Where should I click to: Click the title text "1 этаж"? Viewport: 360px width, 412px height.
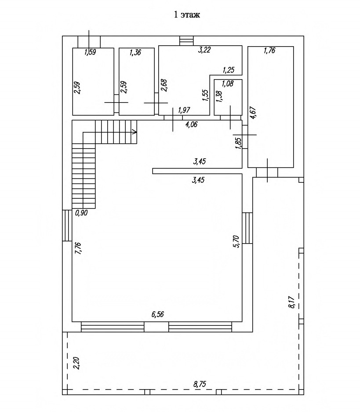tap(187, 15)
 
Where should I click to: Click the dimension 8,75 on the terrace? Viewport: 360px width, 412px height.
tap(200, 384)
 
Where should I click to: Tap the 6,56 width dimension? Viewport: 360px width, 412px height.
tap(157, 314)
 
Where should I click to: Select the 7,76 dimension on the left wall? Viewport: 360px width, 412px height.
tap(78, 248)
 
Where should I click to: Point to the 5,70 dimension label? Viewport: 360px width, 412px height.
tap(236, 241)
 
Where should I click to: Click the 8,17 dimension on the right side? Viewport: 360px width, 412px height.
tap(292, 302)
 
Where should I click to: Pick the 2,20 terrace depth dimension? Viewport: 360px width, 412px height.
tap(76, 363)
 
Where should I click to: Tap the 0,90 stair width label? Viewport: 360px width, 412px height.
tap(81, 213)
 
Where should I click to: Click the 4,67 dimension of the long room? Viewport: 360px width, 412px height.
tap(253, 113)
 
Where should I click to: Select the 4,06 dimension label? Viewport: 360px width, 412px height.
tap(191, 124)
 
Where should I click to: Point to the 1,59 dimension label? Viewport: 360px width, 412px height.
tap(90, 52)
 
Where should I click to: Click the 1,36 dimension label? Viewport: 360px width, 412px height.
tap(135, 52)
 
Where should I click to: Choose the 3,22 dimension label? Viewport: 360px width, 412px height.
tap(204, 50)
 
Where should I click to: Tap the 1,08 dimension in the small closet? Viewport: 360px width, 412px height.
tap(228, 84)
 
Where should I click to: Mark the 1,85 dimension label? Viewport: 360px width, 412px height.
tap(238, 143)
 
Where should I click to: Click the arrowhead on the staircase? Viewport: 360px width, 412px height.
tap(134, 131)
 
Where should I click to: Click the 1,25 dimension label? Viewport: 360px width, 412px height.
tap(229, 70)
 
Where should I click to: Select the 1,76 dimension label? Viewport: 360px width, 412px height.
tap(269, 50)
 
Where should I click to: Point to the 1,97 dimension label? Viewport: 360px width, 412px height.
tap(184, 110)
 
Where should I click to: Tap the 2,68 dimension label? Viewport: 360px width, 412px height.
tap(164, 85)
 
